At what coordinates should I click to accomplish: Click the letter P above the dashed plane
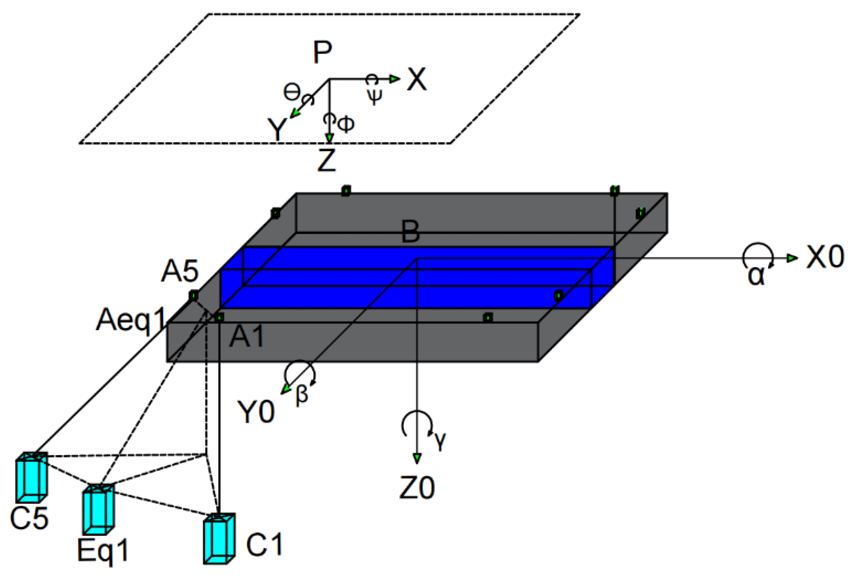tap(323, 52)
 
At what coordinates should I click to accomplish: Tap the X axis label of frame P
tap(417, 79)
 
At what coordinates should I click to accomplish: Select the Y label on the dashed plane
tap(277, 130)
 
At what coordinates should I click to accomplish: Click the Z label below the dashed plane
tap(327, 160)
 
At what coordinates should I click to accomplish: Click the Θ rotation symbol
tap(292, 92)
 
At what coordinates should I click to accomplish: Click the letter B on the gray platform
tap(410, 232)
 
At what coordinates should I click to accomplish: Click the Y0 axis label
tap(256, 412)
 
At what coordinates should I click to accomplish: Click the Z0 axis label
tap(417, 488)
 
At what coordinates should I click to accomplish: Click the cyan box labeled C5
tap(32, 477)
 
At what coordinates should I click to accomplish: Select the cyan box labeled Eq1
tap(98, 509)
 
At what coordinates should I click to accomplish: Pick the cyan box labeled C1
tap(219, 539)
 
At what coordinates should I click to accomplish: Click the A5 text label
tap(180, 271)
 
